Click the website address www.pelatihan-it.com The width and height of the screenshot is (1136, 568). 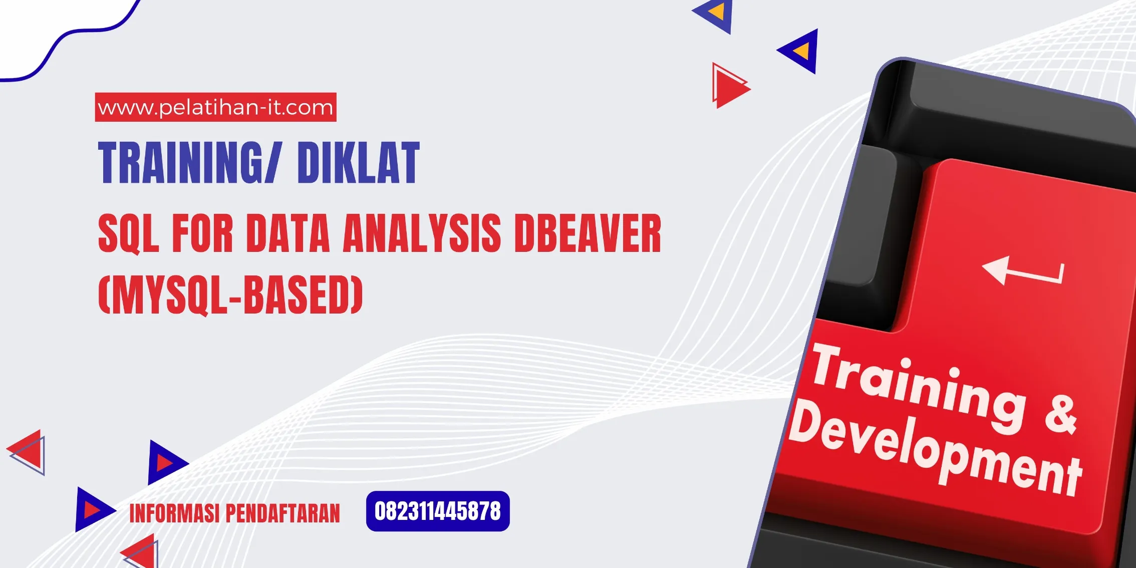pyautogui.click(x=215, y=107)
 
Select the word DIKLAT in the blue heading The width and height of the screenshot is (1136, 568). pyautogui.click(x=358, y=162)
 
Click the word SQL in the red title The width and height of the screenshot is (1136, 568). pyautogui.click(x=128, y=233)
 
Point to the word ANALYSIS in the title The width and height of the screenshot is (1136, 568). pyautogui.click(x=422, y=233)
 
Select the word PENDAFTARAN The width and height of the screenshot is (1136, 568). pyautogui.click(x=282, y=513)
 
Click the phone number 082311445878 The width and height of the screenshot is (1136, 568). pyautogui.click(x=437, y=511)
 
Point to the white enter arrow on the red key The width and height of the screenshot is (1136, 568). pyautogui.click(x=1022, y=271)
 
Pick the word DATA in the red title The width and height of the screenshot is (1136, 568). pyautogui.click(x=288, y=233)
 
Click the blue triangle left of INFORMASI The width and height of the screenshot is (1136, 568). pyautogui.click(x=92, y=509)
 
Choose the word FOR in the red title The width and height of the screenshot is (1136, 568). pyautogui.click(x=202, y=233)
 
